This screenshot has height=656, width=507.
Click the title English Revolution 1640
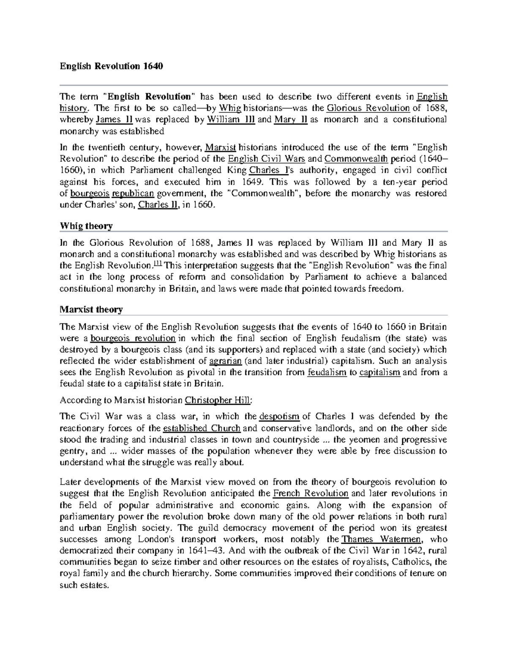pos(111,66)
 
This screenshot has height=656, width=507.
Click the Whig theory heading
pos(86,226)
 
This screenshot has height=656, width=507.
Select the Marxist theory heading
pos(91,310)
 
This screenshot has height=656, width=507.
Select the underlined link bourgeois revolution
pos(133,338)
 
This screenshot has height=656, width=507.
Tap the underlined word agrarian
pos(226,361)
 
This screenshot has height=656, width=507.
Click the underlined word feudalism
pos(327,373)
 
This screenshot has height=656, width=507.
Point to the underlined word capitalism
pos(379,373)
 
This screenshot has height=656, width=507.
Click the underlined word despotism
pos(279,416)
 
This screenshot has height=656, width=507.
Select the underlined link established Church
pos(202,427)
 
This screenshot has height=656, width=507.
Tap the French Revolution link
pos(311,493)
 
